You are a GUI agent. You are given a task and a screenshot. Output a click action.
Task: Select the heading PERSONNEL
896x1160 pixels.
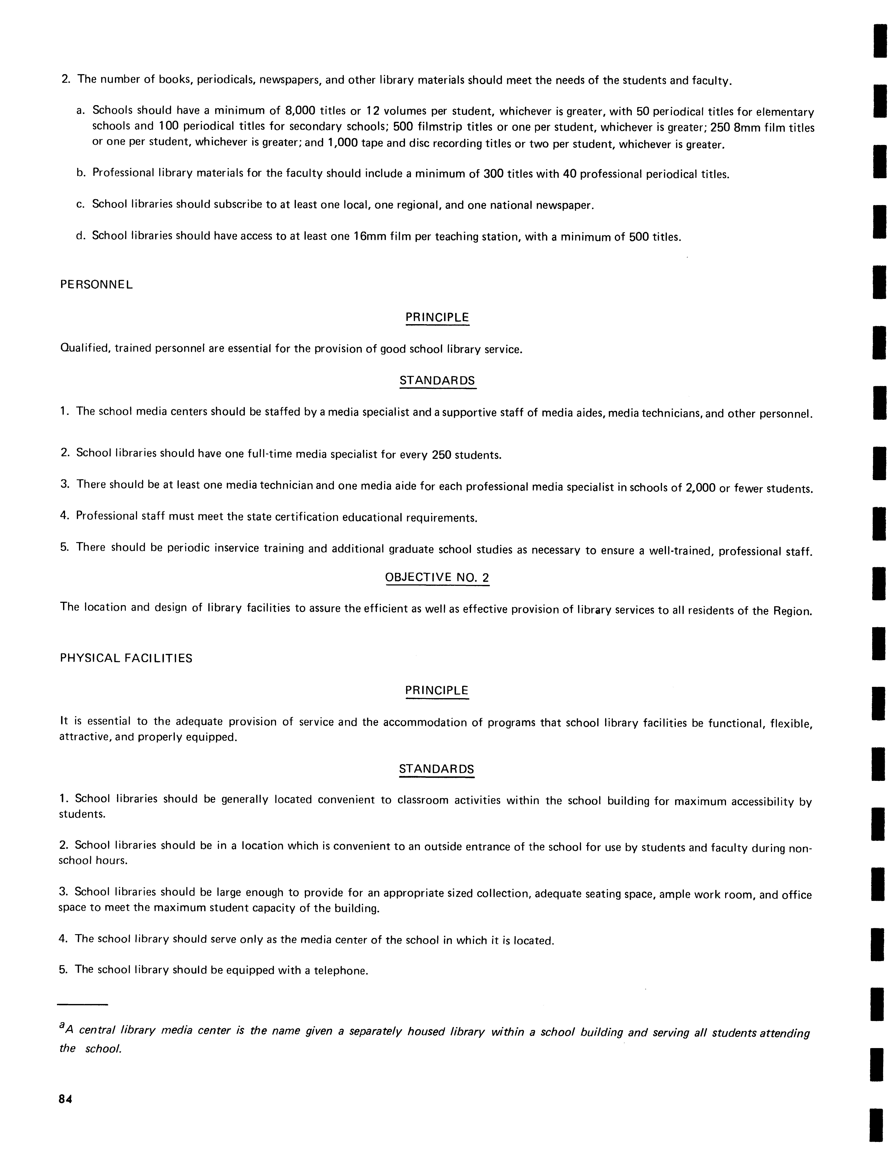click(96, 285)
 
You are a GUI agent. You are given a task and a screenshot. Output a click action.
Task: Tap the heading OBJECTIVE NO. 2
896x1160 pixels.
click(437, 577)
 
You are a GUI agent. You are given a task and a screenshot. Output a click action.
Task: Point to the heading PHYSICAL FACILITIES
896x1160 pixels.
click(126, 658)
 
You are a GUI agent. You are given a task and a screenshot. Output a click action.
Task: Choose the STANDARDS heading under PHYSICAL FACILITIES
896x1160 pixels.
click(436, 769)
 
